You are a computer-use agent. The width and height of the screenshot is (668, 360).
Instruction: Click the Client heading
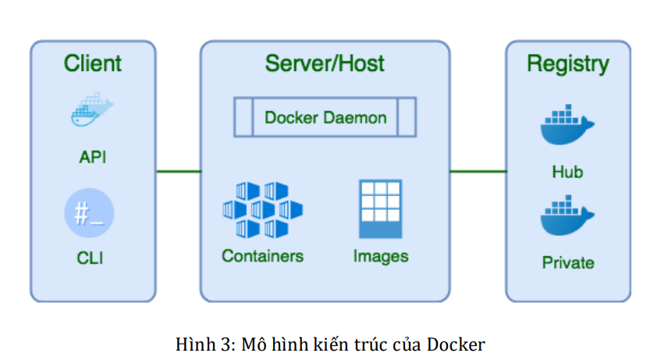coord(92,63)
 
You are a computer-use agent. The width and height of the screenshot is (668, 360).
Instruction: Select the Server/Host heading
coord(325,63)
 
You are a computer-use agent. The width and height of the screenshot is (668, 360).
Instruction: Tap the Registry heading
coord(567,63)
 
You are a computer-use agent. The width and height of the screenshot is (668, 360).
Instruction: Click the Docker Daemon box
coord(325,118)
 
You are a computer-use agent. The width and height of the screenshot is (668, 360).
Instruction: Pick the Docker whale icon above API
coord(92,110)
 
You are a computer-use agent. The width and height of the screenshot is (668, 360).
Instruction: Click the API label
coord(92,158)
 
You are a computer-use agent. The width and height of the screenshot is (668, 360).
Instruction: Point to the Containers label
coord(262,256)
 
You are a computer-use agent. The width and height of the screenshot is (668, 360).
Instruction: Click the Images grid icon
coord(380,209)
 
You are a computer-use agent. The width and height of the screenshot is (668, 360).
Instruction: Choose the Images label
coord(380,256)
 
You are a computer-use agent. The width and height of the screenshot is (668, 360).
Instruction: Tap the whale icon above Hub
coord(567,127)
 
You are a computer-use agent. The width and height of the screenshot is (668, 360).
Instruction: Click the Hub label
coord(567,173)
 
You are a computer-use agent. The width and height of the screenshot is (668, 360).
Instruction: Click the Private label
coord(567,263)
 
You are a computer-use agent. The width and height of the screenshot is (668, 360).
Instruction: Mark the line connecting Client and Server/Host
coord(178,171)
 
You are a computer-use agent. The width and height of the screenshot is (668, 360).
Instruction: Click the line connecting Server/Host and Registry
coord(478,171)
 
